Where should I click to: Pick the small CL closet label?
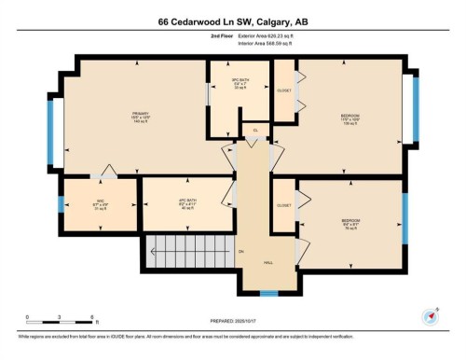click(x=255, y=130)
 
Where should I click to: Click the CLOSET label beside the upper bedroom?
click(x=283, y=91)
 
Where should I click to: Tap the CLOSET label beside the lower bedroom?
click(x=283, y=205)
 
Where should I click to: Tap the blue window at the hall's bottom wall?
click(x=268, y=294)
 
